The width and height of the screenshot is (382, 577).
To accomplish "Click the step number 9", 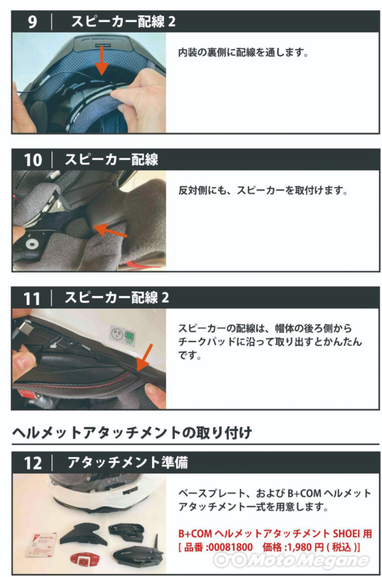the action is point(32,22).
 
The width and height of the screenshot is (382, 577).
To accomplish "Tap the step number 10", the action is point(33,160).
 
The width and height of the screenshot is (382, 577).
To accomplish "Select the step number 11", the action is point(32,299).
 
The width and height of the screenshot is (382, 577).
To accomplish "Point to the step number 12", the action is point(33,463).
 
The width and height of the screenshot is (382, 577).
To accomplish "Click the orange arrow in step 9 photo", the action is point(102,61).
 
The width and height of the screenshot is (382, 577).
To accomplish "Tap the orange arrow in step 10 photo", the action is point(110,230).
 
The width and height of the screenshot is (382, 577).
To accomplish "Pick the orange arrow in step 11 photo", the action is point(144,358).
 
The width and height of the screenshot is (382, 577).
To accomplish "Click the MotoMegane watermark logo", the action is point(291,561).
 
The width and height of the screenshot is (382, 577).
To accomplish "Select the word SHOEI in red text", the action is point(347,534).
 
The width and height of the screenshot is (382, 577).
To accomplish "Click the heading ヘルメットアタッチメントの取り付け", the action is point(132,433).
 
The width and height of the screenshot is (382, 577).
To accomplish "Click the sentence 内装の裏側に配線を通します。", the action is point(243,52).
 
